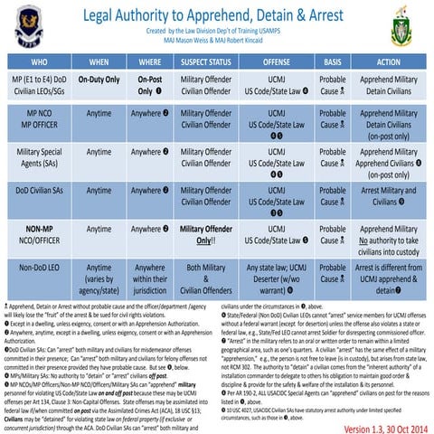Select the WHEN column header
point(100,61)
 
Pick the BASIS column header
point(334,61)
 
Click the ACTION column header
point(388,61)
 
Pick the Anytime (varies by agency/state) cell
point(100,279)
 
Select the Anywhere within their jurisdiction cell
point(150,279)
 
